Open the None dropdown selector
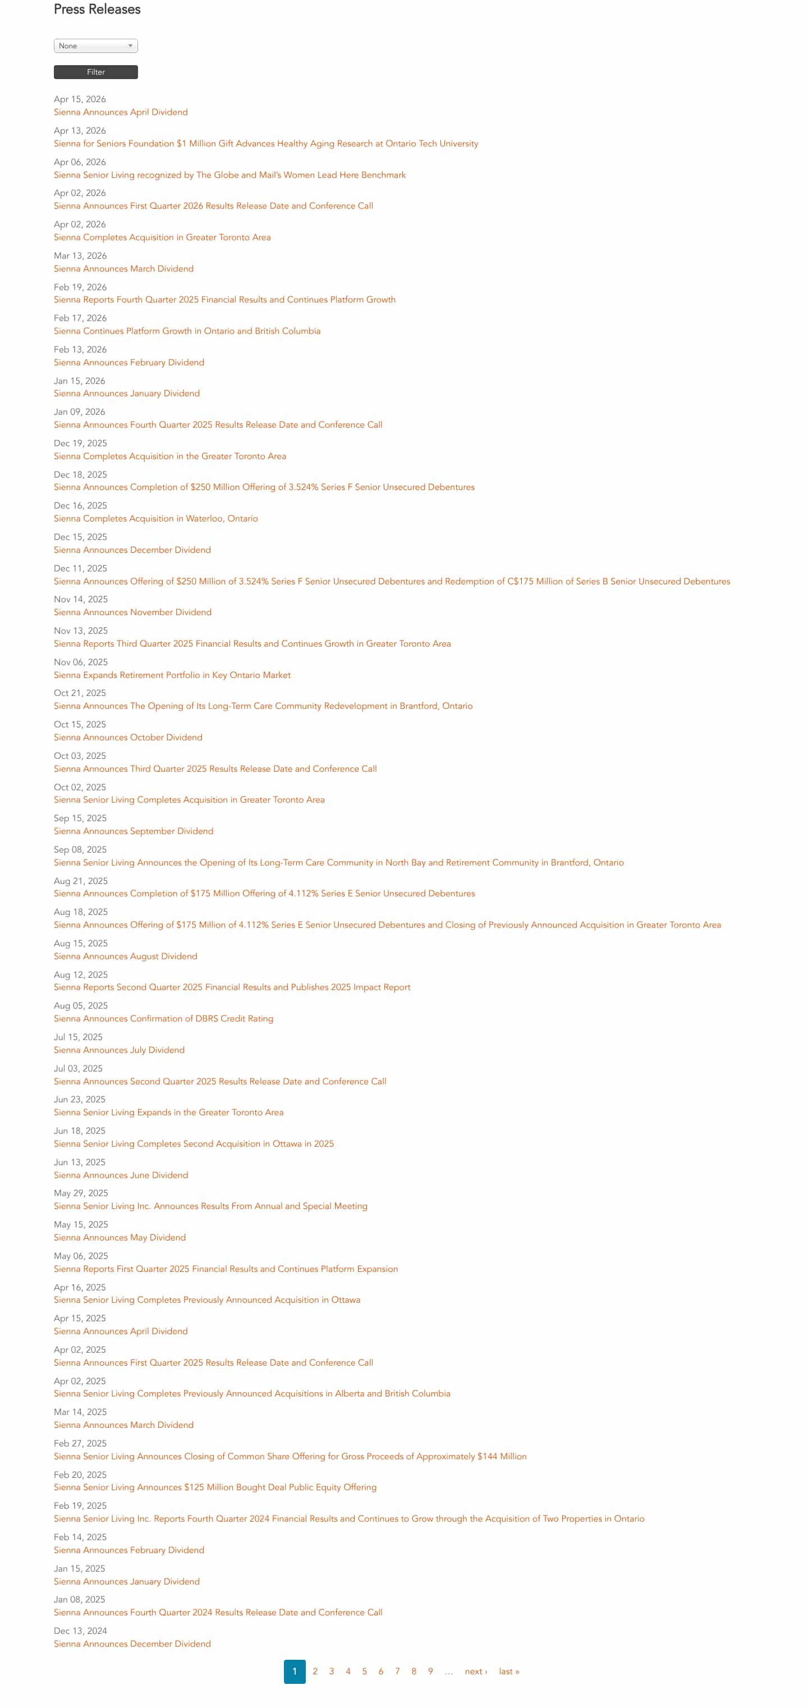pos(95,46)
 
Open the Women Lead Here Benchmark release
pos(229,175)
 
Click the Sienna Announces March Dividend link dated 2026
pos(123,268)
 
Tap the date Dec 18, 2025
pos(80,475)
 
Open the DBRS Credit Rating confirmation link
pos(163,1018)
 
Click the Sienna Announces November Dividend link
pos(132,612)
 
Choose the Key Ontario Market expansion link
pos(172,675)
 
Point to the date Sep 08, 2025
pos(80,849)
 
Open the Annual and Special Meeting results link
pos(210,1206)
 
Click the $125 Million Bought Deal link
pos(215,1487)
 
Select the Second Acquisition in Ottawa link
pos(194,1144)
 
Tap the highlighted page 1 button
pos(294,1672)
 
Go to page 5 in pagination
pos(365,1672)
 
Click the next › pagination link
pos(476,1672)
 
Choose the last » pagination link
pos(509,1672)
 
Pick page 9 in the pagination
pos(430,1672)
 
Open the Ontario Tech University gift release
pos(266,143)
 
